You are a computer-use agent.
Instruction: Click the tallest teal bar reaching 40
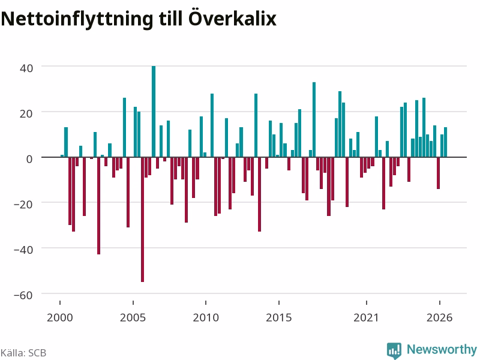(154, 112)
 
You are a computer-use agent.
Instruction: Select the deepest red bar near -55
(143, 220)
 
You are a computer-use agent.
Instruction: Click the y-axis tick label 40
(26, 68)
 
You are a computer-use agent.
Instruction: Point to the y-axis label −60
(23, 295)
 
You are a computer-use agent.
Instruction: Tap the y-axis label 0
(29, 159)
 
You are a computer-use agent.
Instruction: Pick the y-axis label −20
(23, 205)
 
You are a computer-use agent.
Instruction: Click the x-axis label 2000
(59, 318)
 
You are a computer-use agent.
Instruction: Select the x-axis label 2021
(366, 318)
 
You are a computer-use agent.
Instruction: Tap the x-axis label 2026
(439, 318)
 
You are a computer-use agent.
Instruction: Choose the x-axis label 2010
(206, 318)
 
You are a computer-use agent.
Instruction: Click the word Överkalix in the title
(232, 19)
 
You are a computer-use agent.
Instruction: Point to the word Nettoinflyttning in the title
(77, 19)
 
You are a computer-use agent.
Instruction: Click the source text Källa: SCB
(23, 353)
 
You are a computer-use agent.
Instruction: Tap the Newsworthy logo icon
(394, 350)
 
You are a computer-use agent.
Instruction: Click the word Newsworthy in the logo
(442, 349)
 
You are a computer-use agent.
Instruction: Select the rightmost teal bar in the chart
(446, 142)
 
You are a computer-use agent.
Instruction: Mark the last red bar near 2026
(439, 173)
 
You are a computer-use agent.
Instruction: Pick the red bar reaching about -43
(99, 206)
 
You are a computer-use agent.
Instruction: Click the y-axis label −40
(23, 250)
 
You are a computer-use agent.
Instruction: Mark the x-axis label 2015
(278, 318)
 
